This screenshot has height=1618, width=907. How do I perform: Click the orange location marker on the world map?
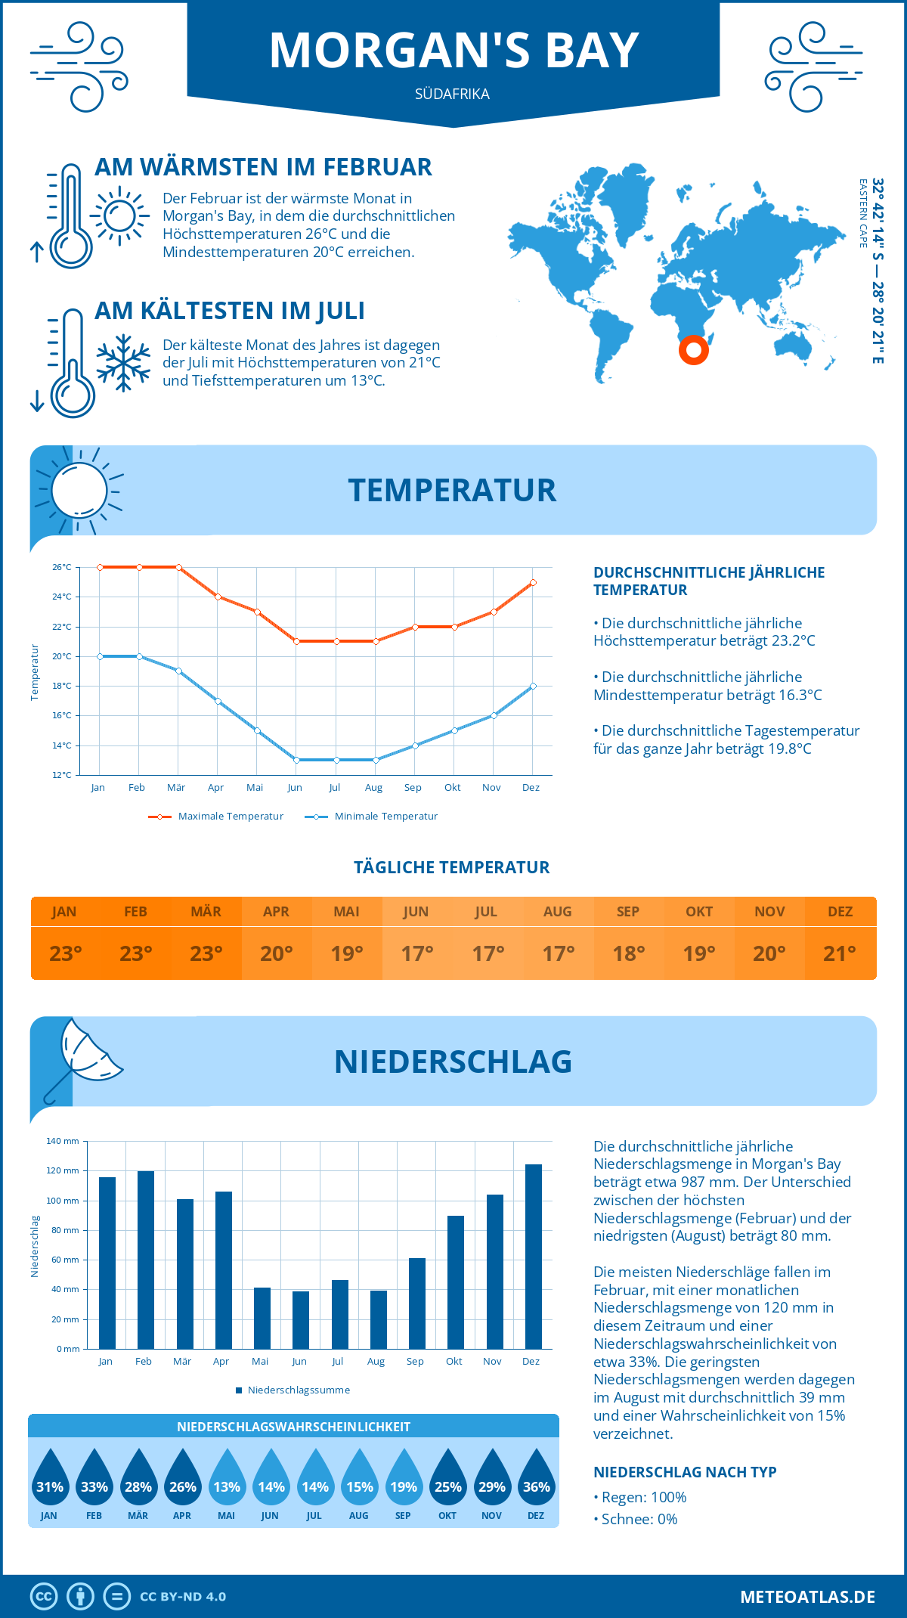click(x=693, y=350)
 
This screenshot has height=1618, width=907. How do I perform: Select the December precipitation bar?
click(x=534, y=1256)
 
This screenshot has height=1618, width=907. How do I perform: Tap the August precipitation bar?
click(x=379, y=1319)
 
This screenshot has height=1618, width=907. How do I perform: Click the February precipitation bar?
click(x=146, y=1260)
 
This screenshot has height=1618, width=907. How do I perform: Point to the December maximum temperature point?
click(x=533, y=582)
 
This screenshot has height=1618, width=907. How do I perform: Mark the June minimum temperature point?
click(x=296, y=760)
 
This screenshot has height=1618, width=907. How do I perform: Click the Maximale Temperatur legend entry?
click(x=216, y=817)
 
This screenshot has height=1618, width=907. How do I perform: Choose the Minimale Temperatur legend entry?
click(x=372, y=817)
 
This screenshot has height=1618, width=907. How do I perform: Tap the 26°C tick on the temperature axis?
click(x=62, y=567)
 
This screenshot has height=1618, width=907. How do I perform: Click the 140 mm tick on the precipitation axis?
click(x=63, y=1141)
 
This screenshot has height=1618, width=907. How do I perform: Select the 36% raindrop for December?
click(x=536, y=1479)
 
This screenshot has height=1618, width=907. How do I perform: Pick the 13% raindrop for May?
click(x=227, y=1479)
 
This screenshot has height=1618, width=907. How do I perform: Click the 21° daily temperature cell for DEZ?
click(x=840, y=953)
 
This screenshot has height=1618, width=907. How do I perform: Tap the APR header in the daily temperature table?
click(x=276, y=912)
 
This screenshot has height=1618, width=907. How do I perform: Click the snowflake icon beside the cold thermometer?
click(x=123, y=363)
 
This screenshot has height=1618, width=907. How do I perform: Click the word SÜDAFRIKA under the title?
click(x=452, y=95)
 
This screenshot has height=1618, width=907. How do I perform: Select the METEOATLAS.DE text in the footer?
click(x=807, y=1597)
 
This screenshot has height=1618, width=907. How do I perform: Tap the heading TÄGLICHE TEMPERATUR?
click(x=452, y=867)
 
